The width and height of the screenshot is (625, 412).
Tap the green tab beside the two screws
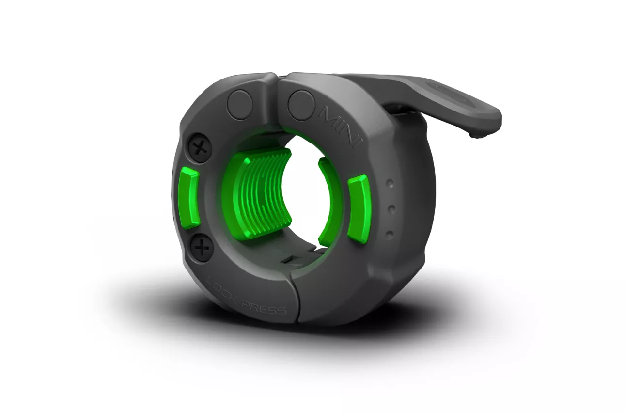[x=189, y=197]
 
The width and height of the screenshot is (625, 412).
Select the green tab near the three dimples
[x=359, y=209]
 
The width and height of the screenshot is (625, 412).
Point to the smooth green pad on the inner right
[x=329, y=202]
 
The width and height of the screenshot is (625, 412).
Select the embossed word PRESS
[x=264, y=306]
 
